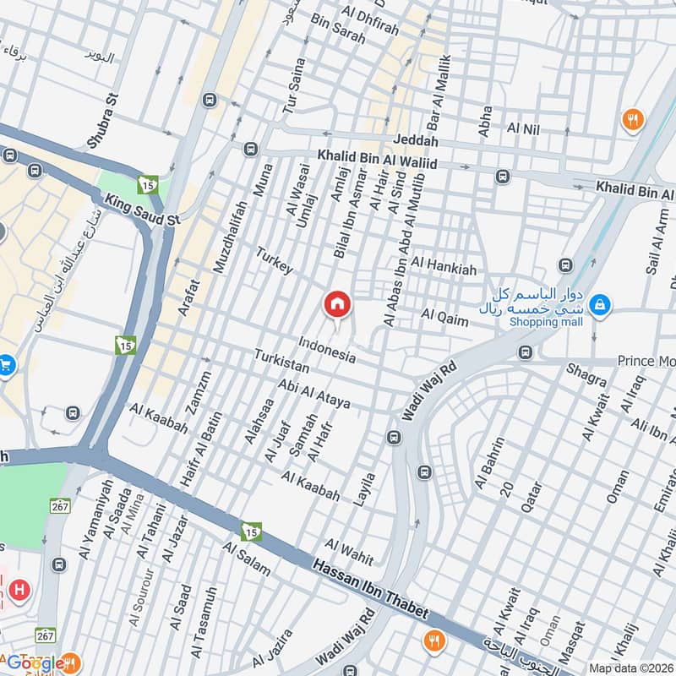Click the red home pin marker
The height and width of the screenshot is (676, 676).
click(x=337, y=304)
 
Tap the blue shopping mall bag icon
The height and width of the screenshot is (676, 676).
click(x=599, y=304)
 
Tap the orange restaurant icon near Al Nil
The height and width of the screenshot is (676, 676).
click(x=632, y=120)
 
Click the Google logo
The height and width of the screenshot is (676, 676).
click(x=35, y=663)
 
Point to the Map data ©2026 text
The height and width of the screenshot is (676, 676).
click(x=630, y=668)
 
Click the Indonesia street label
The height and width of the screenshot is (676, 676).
click(x=326, y=351)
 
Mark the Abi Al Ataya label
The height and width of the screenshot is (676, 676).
click(x=313, y=391)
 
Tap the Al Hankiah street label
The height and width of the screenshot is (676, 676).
click(x=445, y=270)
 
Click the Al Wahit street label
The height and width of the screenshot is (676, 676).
click(x=349, y=547)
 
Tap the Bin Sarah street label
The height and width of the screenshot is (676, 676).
click(x=338, y=30)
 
